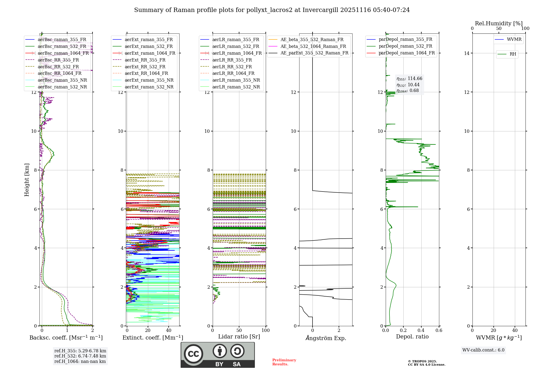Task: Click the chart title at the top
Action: [272, 10]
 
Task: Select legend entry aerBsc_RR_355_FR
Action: [58, 60]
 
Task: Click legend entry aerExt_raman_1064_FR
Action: [150, 53]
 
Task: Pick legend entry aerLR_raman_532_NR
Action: [236, 87]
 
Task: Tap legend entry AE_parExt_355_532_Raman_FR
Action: [314, 53]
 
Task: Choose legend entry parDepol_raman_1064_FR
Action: [407, 53]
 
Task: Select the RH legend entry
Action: [513, 54]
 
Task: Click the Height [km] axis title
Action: [27, 180]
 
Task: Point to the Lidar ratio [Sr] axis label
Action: [239, 337]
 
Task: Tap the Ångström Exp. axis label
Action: [326, 338]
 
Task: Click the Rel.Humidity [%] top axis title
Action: [499, 23]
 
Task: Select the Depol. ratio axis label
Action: [412, 337]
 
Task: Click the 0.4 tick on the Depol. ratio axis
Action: [421, 330]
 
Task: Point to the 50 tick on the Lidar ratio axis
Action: [239, 330]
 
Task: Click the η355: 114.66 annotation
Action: [409, 79]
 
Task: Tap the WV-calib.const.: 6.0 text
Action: [483, 350]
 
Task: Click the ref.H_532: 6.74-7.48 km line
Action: [80, 356]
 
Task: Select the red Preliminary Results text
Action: [284, 362]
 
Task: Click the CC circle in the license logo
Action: [193, 354]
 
